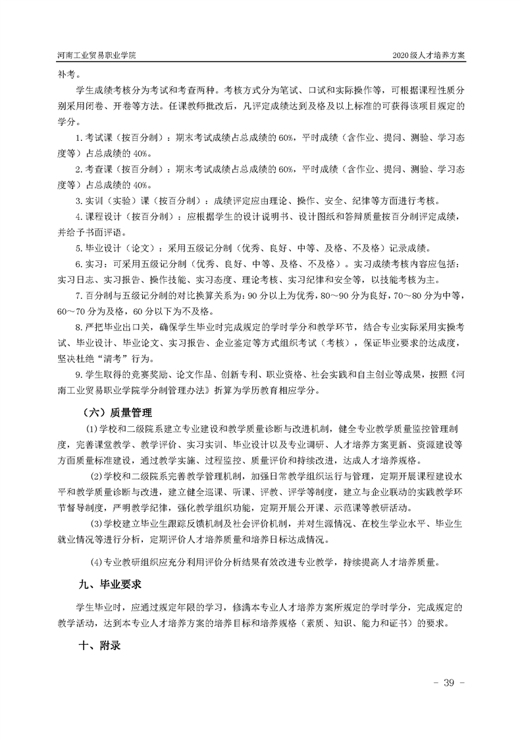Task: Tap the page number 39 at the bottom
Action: coord(450,681)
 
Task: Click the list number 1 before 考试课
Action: coord(78,138)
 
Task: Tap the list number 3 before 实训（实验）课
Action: coord(78,201)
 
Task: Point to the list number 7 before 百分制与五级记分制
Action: coord(78,296)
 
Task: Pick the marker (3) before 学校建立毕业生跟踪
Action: coord(97,524)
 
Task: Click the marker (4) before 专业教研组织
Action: coord(97,562)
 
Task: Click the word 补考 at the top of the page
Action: coord(68,74)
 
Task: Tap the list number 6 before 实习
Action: coord(78,264)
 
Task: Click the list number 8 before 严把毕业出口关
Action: coord(78,327)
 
